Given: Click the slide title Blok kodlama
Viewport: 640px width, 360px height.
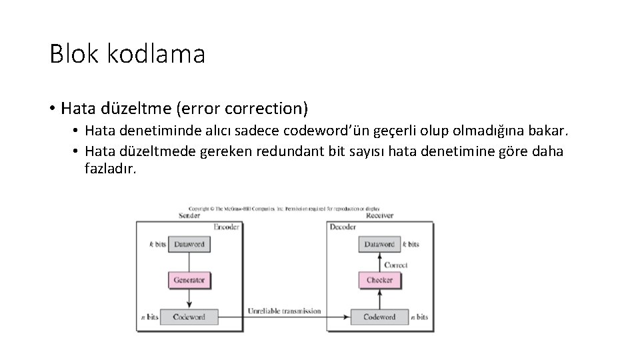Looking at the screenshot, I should (127, 54).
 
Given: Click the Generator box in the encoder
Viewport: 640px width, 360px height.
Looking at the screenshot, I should (189, 280).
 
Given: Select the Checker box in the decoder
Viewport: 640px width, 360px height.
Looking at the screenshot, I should (379, 280).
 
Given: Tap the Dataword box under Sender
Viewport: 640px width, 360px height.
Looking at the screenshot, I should (189, 244).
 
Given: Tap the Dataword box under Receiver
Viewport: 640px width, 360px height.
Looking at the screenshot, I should (379, 244).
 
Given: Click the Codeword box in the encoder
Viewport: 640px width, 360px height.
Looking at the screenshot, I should (189, 317).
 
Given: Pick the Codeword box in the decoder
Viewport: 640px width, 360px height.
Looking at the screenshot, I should (379, 317).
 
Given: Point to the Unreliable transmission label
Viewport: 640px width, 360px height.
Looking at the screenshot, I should (284, 311).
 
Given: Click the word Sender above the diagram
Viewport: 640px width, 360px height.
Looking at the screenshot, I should (189, 215).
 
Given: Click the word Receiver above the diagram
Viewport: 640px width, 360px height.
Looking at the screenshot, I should (379, 215).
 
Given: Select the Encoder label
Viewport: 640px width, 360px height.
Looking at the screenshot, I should (226, 227).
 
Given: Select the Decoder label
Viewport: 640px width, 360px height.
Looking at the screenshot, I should (343, 227).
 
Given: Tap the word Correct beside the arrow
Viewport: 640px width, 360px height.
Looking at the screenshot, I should (396, 265).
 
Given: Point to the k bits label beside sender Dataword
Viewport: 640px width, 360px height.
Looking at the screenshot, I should (157, 245).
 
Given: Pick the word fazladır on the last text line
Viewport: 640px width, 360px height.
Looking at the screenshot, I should (110, 169).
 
